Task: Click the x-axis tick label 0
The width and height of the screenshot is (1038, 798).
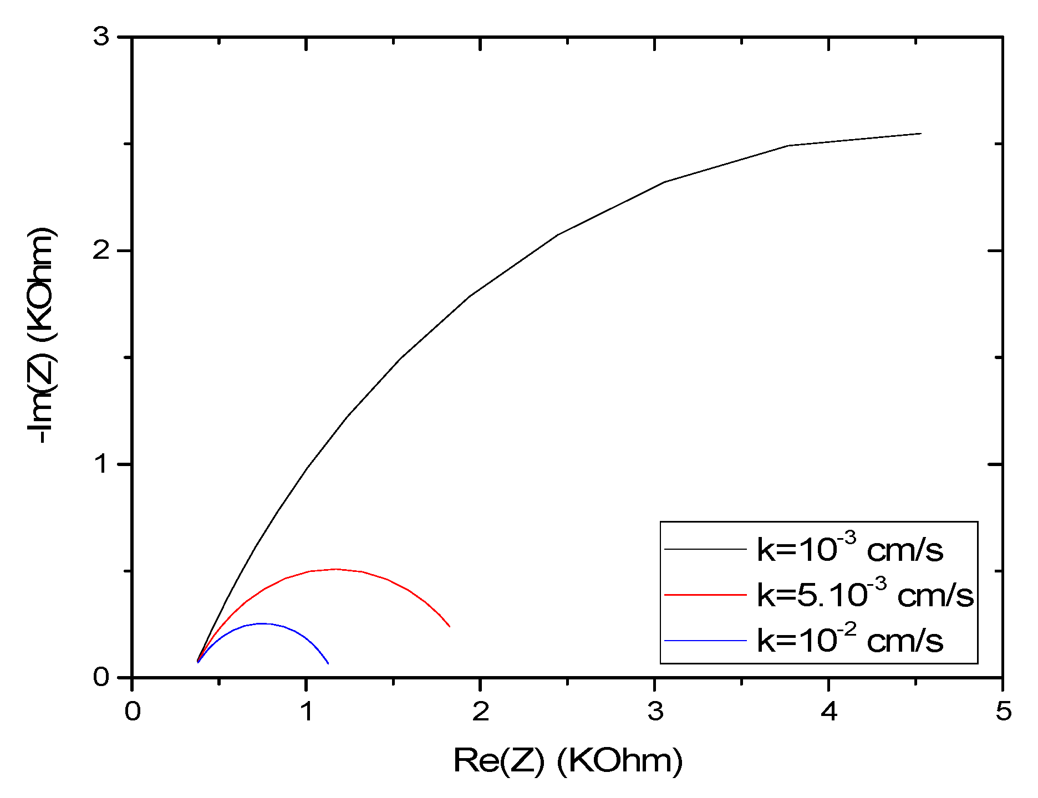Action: (132, 711)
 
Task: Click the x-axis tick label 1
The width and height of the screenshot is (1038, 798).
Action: (307, 711)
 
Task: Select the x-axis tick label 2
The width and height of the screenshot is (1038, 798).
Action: (481, 711)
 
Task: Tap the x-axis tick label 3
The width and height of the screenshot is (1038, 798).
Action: (655, 711)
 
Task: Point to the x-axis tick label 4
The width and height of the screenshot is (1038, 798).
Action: (829, 711)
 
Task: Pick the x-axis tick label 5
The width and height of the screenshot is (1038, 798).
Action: (1003, 711)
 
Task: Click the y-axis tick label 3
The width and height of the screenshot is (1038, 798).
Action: (101, 38)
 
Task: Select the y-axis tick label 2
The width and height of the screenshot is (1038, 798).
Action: (101, 251)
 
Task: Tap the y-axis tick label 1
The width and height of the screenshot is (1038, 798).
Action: (101, 464)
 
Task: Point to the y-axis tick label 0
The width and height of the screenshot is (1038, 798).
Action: (101, 677)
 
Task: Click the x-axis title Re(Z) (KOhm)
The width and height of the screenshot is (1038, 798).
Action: (568, 760)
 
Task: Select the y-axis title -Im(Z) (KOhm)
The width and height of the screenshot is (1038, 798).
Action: (42, 335)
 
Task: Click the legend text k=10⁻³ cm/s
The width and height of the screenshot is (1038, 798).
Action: (849, 549)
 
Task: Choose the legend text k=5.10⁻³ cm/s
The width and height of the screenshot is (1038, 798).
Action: (865, 595)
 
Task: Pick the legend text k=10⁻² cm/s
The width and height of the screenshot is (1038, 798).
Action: (849, 640)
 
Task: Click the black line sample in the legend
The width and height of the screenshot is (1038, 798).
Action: (705, 549)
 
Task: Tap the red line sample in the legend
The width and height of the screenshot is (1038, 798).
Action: (705, 595)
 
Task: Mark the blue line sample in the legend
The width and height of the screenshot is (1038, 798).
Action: (705, 641)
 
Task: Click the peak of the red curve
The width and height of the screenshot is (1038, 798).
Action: (335, 569)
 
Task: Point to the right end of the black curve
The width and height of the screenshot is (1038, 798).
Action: (920, 134)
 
